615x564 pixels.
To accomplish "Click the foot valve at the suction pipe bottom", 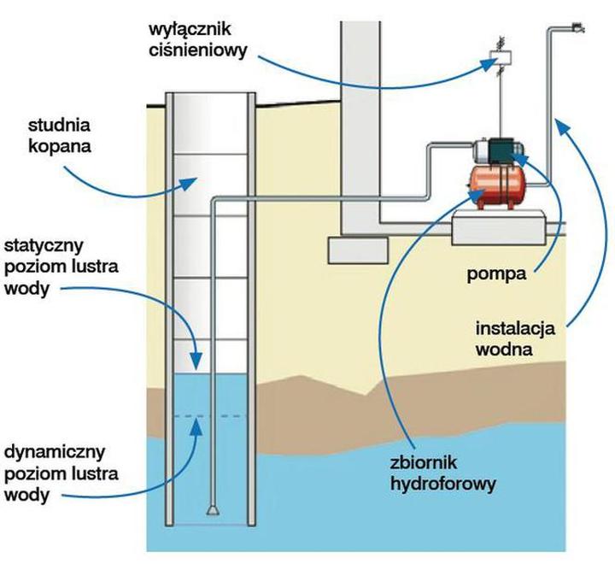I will (212, 511).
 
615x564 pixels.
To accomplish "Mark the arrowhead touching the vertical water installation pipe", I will (559, 126).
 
